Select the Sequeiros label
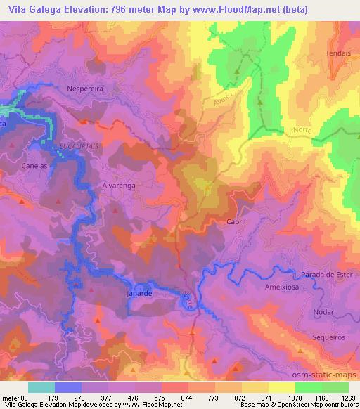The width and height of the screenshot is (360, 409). [326, 337]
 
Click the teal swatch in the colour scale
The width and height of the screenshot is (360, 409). [41, 387]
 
